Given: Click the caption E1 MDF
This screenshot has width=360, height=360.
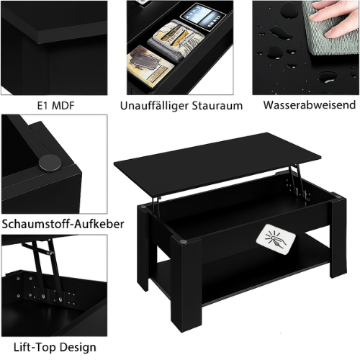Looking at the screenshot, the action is (56, 105).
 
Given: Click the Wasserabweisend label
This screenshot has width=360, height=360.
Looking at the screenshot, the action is (310, 105).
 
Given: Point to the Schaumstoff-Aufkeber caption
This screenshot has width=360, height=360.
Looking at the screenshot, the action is (63, 224).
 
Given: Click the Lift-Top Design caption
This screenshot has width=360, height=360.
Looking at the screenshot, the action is (55, 347).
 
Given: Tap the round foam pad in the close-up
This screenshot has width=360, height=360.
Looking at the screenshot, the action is (50, 163).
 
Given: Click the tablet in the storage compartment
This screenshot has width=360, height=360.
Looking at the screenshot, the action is (203, 16).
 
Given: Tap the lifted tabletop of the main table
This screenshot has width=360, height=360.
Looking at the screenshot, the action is (217, 163).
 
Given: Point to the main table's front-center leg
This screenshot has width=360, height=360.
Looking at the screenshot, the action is (186, 283).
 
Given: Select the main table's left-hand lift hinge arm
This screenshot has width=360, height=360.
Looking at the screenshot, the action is (156, 207).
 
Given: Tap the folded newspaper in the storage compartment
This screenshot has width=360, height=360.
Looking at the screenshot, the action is (176, 41).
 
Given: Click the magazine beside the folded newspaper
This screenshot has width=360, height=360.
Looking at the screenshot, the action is (150, 66).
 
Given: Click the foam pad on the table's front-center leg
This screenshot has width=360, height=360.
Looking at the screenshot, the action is (183, 241).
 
